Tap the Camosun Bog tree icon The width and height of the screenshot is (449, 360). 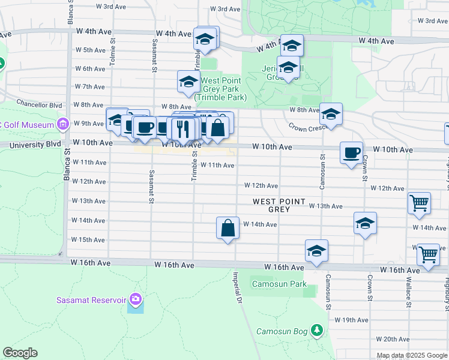(x=317, y=331)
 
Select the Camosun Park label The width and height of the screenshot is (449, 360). (x=279, y=284)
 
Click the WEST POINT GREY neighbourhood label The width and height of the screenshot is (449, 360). (x=279, y=206)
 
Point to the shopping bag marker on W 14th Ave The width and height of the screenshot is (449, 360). (x=228, y=228)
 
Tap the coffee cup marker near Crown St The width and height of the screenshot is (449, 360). (x=351, y=152)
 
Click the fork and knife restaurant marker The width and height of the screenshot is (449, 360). (x=181, y=128)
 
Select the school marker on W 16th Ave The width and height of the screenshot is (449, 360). (x=316, y=251)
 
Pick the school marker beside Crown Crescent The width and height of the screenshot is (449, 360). (x=331, y=113)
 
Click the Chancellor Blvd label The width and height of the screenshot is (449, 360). (x=40, y=104)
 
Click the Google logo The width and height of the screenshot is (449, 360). (x=20, y=353)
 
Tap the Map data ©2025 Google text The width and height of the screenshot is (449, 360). (x=412, y=355)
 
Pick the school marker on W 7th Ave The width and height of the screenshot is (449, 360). (x=188, y=82)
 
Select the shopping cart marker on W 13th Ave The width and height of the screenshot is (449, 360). (x=419, y=203)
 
